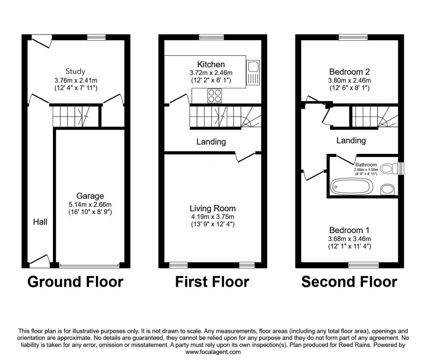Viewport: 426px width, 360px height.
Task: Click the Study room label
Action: pyautogui.click(x=75, y=71)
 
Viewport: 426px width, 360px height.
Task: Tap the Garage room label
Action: pyautogui.click(x=90, y=196)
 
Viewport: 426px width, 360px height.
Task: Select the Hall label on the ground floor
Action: pyautogui.click(x=40, y=222)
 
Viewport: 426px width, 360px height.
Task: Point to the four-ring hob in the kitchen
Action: pyautogui.click(x=215, y=96)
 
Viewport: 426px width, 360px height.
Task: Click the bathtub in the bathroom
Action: pyautogui.click(x=352, y=186)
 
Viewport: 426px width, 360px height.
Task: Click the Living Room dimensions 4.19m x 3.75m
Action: pyautogui.click(x=212, y=217)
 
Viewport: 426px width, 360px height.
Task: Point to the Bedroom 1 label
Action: pyautogui.click(x=349, y=230)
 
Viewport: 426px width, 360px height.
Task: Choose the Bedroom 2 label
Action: pyautogui.click(x=349, y=72)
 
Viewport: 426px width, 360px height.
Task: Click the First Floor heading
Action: pyautogui.click(x=212, y=282)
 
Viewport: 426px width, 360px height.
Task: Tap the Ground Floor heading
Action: pyautogui.click(x=75, y=282)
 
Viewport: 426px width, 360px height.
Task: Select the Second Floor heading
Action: pyautogui.click(x=349, y=282)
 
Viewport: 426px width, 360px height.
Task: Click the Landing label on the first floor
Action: pyautogui.click(x=211, y=142)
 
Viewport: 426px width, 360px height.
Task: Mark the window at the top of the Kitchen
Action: pyautogui.click(x=211, y=37)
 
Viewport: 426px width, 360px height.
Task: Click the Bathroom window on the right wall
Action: pyautogui.click(x=401, y=168)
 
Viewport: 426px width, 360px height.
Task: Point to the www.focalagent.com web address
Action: pyautogui.click(x=213, y=352)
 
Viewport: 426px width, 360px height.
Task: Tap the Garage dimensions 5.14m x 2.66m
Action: pyautogui.click(x=90, y=205)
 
